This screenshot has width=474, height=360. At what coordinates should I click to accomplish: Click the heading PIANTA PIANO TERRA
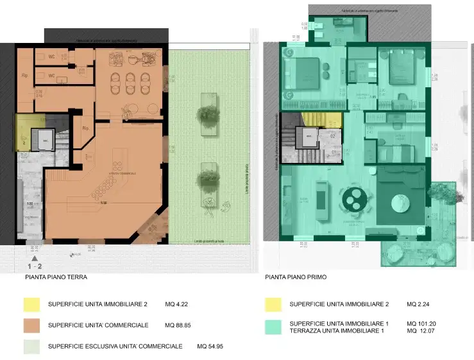pyautogui.click(x=56, y=278)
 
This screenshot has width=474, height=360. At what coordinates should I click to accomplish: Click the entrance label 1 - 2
pyautogui.click(x=35, y=264)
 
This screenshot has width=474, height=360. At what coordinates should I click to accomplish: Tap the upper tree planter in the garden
pyautogui.click(x=207, y=114)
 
